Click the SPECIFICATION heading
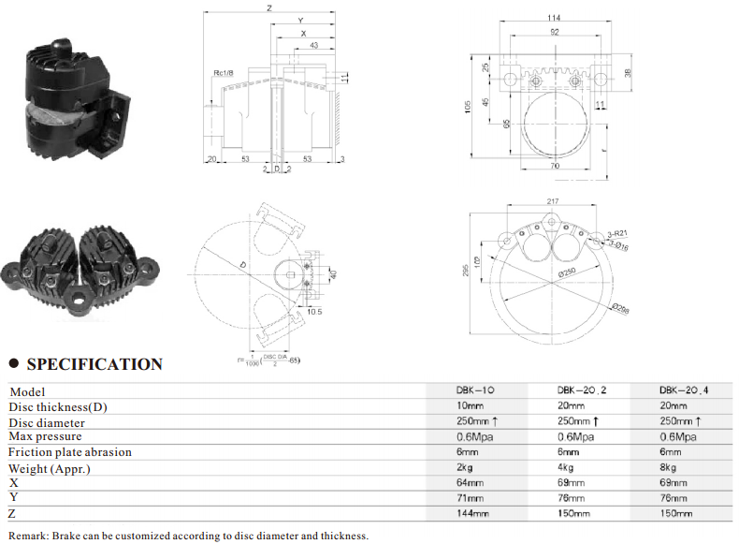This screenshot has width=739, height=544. coord(94,364)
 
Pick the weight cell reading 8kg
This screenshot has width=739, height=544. coord(667,466)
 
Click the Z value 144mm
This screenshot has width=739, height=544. coord(473,513)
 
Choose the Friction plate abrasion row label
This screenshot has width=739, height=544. coord(70,451)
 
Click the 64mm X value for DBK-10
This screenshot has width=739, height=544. coord(471,481)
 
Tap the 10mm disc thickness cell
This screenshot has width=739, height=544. coord(471,406)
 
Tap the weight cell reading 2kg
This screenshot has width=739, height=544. coord(468,466)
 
